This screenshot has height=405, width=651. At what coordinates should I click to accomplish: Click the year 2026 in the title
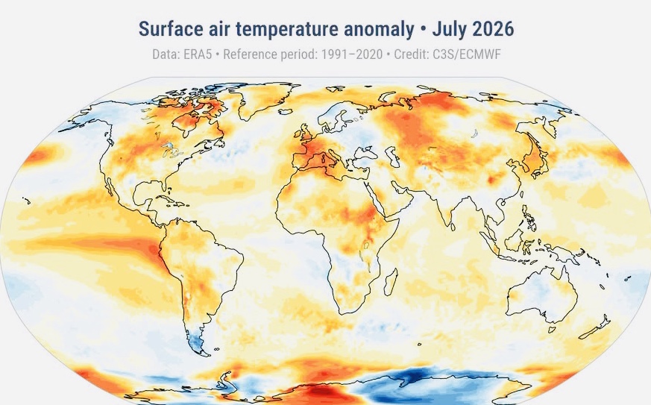(493, 29)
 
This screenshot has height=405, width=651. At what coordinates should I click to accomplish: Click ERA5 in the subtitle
(197, 54)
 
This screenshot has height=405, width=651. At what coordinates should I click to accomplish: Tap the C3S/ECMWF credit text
(467, 54)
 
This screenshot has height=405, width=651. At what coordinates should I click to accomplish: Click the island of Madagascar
(391, 281)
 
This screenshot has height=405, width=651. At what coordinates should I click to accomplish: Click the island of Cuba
(169, 201)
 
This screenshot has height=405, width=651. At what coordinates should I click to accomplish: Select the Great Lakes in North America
(170, 150)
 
